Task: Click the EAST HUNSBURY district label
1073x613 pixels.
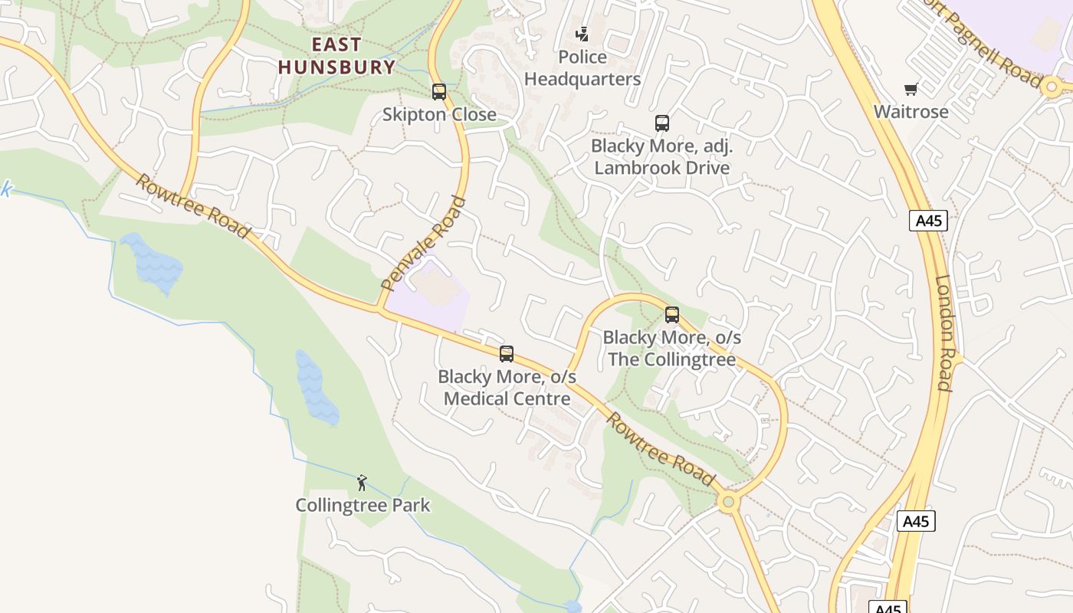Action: tap(336, 56)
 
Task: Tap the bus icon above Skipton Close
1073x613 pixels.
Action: tap(439, 92)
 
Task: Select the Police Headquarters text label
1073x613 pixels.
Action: tap(582, 68)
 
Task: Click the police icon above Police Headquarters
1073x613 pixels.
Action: tap(583, 34)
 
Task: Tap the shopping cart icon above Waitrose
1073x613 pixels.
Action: tap(911, 90)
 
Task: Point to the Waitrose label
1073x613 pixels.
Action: tap(911, 112)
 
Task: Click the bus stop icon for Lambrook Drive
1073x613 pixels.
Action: tap(661, 123)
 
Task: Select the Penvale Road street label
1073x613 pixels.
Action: tap(424, 244)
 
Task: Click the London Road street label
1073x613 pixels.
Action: tap(945, 333)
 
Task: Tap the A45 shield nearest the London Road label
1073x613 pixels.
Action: tap(928, 221)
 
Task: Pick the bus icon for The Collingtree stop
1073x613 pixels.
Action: tap(672, 314)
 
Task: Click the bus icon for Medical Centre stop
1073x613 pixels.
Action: tap(507, 353)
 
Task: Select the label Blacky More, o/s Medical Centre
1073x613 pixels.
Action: tap(507, 388)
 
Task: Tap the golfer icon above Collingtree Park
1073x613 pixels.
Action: tap(363, 483)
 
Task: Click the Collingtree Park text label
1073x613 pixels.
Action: tap(363, 506)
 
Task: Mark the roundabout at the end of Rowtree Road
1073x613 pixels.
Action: tap(728, 503)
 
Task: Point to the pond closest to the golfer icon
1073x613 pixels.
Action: tap(317, 388)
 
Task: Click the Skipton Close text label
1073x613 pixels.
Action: tap(439, 115)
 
